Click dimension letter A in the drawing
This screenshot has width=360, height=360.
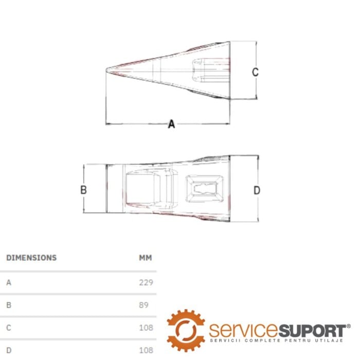pyautogui.click(x=171, y=124)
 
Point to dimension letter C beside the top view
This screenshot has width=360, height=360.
pyautogui.click(x=255, y=72)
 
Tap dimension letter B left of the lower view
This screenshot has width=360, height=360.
pyautogui.click(x=83, y=190)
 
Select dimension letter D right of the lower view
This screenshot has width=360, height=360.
pyautogui.click(x=257, y=190)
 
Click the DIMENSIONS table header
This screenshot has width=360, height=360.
pyautogui.click(x=31, y=258)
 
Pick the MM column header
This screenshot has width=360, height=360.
pyautogui.click(x=146, y=258)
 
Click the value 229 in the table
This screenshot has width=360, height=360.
pyautogui.click(x=146, y=282)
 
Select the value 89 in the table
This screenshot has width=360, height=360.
pyautogui.click(x=143, y=305)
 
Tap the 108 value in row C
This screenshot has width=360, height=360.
pyautogui.click(x=146, y=328)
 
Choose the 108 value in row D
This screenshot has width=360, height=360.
pyautogui.click(x=146, y=350)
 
